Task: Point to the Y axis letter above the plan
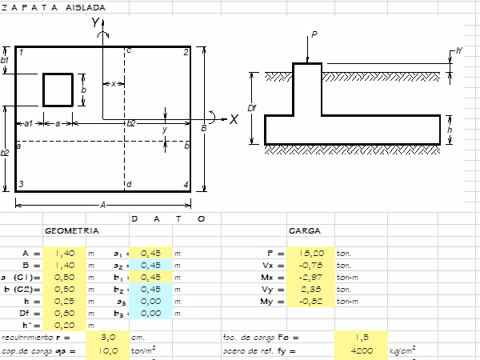[x=95, y=24]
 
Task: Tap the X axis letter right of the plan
[x=234, y=119]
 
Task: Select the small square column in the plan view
[x=58, y=90]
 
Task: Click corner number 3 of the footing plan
[x=21, y=185]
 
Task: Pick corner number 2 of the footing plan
[x=186, y=53]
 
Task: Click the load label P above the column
[x=314, y=34]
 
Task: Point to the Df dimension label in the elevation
[x=251, y=108]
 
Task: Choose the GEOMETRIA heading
[x=72, y=230]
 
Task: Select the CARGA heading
[x=305, y=230]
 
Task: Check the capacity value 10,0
[x=65, y=350]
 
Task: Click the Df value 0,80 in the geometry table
[x=65, y=313]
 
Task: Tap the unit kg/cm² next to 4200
[x=402, y=350]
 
